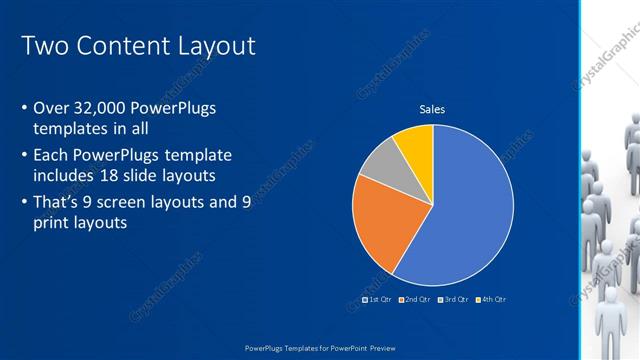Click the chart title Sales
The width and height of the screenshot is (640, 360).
point(432,110)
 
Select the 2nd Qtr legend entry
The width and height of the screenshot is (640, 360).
point(415,299)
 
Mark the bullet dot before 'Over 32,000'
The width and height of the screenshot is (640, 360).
point(24,109)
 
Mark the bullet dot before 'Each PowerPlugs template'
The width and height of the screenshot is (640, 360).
point(24,156)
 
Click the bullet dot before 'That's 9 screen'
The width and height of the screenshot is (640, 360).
point(24,202)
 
